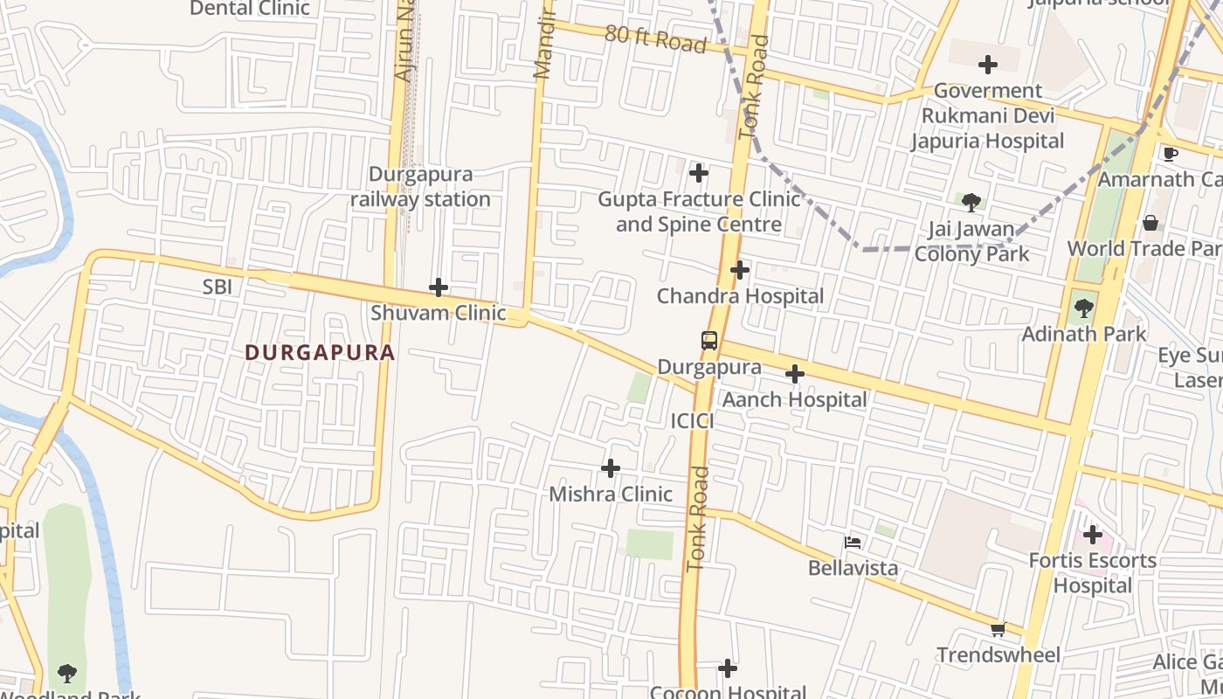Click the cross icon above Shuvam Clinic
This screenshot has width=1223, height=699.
439,287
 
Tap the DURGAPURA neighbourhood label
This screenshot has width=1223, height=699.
320,353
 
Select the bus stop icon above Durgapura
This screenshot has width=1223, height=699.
709,341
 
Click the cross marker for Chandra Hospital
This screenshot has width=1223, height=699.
740,270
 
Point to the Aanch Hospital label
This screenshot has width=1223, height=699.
794,400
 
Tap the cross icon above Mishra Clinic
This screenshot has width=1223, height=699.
611,468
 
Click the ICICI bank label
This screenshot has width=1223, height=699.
692,421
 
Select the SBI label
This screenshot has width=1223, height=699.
218,287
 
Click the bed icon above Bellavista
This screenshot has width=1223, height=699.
853,543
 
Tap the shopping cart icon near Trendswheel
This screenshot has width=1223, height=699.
998,629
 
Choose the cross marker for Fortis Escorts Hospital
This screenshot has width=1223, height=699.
1092,535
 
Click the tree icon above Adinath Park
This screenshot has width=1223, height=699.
1084,308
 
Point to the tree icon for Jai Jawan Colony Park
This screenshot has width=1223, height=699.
971,204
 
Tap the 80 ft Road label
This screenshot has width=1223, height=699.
655,39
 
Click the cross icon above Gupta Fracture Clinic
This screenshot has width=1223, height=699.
699,173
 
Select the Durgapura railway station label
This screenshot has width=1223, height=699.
420,187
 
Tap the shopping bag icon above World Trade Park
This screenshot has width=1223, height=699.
1150,223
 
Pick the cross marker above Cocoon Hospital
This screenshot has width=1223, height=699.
728,669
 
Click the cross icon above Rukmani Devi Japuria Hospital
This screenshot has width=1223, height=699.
988,65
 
